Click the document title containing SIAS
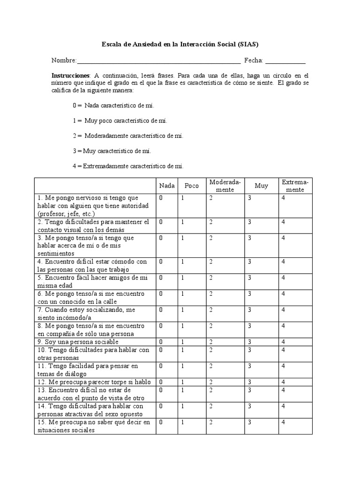pyautogui.click(x=180, y=45)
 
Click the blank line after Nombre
pyautogui.click(x=158, y=61)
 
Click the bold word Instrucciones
pyautogui.click(x=70, y=75)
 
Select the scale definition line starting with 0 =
pyautogui.click(x=113, y=105)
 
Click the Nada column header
pyautogui.click(x=166, y=186)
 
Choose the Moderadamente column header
pyautogui.click(x=225, y=186)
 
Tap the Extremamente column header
pyautogui.click(x=295, y=186)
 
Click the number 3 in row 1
pyautogui.click(x=250, y=198)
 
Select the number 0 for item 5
pyautogui.click(x=161, y=277)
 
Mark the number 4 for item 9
pyautogui.click(x=283, y=341)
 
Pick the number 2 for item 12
pyautogui.click(x=211, y=382)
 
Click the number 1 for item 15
pyautogui.click(x=183, y=422)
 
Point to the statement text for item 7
pyautogui.click(x=87, y=314)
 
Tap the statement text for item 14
pyautogui.click(x=90, y=410)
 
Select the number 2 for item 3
pyautogui.click(x=211, y=238)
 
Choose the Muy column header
pyautogui.click(x=261, y=186)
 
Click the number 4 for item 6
pyautogui.click(x=283, y=293)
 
